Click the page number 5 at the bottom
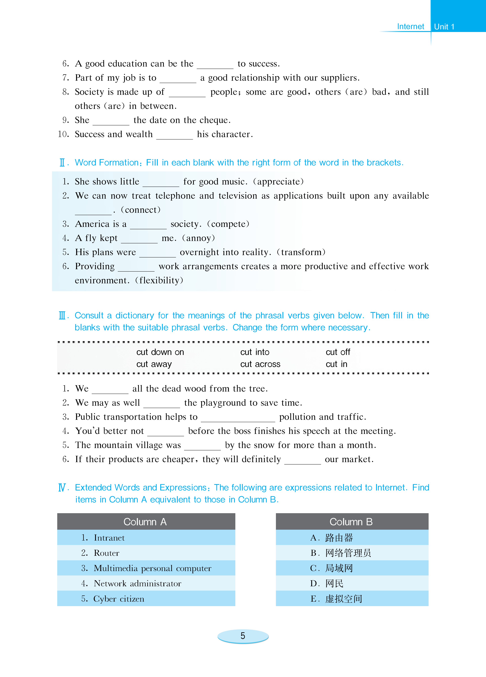coord(243,636)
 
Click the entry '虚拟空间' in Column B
coord(343,599)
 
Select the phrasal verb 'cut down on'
coord(160,352)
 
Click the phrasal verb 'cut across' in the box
coord(260,364)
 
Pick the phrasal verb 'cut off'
coord(338,352)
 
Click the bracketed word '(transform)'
coord(301,252)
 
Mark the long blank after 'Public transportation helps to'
coord(238,418)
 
